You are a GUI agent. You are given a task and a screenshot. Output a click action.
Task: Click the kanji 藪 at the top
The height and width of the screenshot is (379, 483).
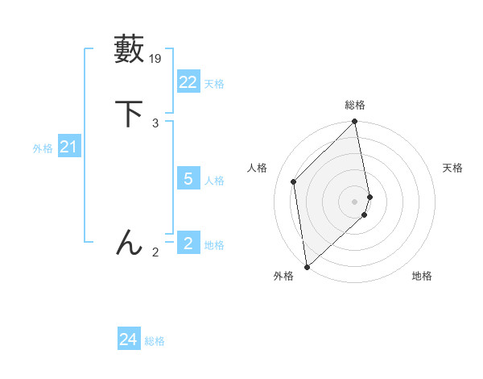tap(130, 49)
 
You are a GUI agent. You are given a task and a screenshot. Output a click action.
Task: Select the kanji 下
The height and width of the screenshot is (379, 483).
tap(130, 113)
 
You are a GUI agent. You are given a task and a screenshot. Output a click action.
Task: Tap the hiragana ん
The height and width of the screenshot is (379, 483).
tap(130, 242)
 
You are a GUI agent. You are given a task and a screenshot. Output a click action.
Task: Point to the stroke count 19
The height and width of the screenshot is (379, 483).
tap(156, 58)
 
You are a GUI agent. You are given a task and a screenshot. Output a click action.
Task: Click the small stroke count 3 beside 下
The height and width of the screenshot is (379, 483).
tap(155, 123)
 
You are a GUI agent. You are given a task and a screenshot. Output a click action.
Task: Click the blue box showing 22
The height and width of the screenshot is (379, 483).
tap(188, 82)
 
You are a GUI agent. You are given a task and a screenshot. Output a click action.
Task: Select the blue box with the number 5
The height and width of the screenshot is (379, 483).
tap(188, 179)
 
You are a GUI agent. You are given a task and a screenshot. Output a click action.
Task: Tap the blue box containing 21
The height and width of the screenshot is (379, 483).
tap(68, 147)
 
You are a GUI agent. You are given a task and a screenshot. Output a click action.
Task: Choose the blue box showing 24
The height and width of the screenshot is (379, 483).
tap(128, 339)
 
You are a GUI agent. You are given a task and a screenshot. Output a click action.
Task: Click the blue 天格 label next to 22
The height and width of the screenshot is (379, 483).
tap(214, 83)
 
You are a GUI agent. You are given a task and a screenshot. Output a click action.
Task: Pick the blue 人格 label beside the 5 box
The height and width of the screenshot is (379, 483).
tap(214, 180)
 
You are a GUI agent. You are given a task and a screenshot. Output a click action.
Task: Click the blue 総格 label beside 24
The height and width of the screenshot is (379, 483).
tap(155, 341)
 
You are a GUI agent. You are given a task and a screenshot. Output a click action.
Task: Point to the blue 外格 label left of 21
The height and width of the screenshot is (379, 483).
tap(43, 148)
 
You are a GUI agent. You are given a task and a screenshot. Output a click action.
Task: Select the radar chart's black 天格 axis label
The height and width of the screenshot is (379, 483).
tap(452, 168)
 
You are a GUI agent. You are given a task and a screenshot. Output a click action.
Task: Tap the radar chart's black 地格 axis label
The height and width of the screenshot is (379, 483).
tap(422, 276)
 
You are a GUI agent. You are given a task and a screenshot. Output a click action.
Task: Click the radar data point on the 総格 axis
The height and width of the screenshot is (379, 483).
tap(355, 123)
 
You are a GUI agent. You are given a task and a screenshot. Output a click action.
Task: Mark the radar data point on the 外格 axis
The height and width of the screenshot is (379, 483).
tap(307, 266)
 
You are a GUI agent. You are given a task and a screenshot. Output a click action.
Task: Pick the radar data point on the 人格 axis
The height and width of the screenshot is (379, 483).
tap(294, 181)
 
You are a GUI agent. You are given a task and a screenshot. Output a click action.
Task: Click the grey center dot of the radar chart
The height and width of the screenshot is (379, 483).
tap(355, 201)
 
